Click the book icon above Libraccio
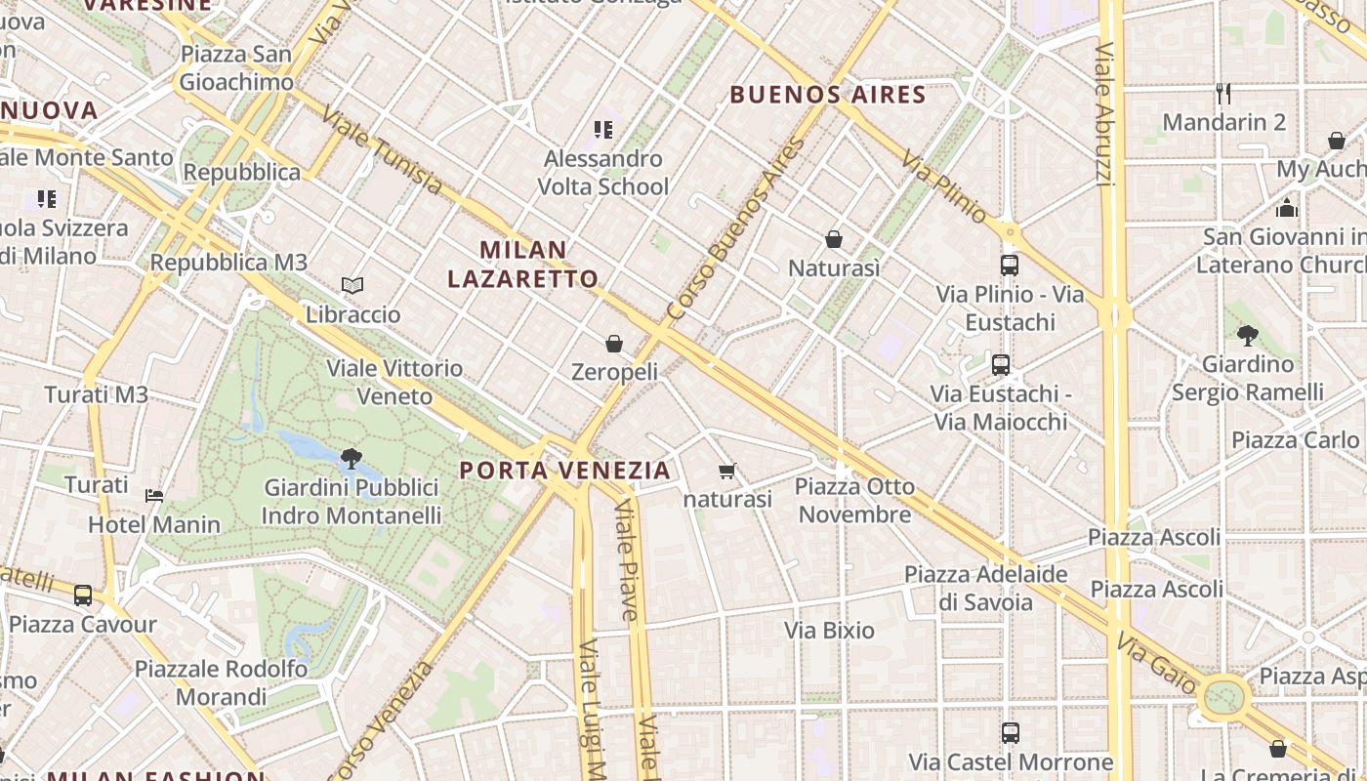[352, 285]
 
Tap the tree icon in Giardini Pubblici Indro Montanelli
[352, 457]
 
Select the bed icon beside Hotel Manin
[154, 495]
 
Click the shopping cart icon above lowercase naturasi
[726, 472]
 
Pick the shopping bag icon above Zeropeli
[614, 343]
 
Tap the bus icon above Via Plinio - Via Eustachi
[1010, 265]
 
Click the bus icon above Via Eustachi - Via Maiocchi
[1001, 365]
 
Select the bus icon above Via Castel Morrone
[1011, 732]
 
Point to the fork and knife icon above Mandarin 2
[1223, 94]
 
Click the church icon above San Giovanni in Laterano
[1287, 208]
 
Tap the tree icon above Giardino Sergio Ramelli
[1247, 336]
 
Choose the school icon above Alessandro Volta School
[603, 129]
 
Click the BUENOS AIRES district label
[828, 95]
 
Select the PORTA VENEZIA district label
[565, 471]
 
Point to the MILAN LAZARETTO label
[522, 264]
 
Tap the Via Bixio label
[830, 631]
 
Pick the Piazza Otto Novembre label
[855, 500]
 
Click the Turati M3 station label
[97, 394]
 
